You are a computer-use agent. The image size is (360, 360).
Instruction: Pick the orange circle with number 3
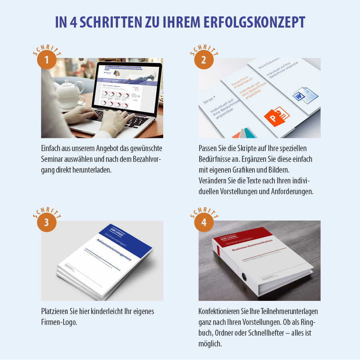point(46,223)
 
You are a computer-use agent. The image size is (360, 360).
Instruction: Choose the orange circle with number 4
point(204,223)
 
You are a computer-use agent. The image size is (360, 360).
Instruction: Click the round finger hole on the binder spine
point(244,276)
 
